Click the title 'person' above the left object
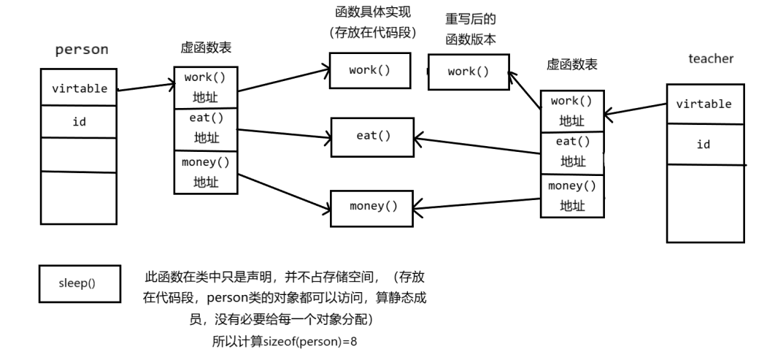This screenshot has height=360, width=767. point(82,50)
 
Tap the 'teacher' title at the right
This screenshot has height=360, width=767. point(710,58)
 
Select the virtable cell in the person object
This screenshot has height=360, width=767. point(80,88)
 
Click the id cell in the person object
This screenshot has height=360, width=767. point(79,121)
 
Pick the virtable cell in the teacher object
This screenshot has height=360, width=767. point(704,104)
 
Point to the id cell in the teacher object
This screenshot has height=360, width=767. point(704,144)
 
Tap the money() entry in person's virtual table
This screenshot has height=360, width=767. point(205,172)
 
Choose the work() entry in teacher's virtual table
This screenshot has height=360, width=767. point(572,110)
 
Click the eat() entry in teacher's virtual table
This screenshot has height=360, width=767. point(572,151)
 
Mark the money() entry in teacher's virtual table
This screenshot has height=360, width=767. point(572,196)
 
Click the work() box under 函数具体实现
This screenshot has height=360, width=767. point(369,70)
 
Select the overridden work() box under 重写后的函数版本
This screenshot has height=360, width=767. point(468,72)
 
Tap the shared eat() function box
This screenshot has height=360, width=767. point(373,135)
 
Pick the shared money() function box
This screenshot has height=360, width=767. point(373,206)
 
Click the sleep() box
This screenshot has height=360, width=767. point(77,283)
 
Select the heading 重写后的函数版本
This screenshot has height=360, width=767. point(471,29)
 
